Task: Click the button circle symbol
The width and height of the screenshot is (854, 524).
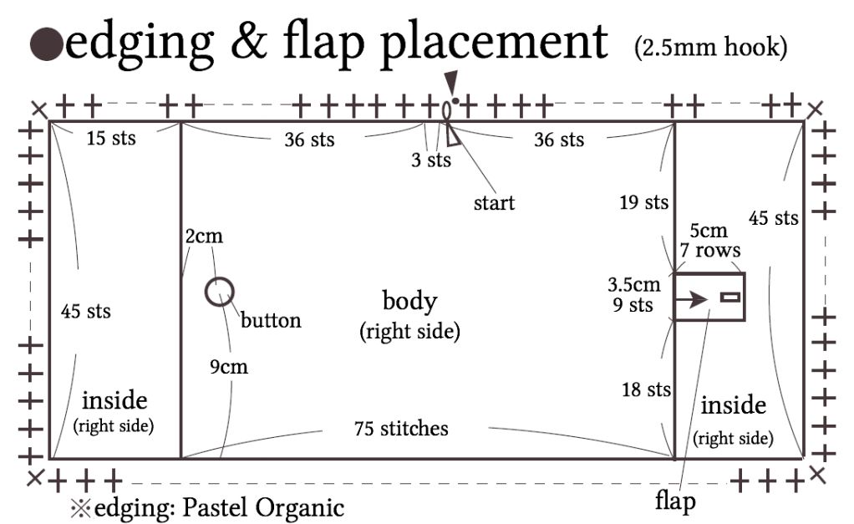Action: point(220,292)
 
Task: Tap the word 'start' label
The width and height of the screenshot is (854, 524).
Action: point(494,202)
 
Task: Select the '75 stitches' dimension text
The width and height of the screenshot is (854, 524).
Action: point(401,429)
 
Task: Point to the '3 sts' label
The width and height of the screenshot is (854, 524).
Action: point(431,160)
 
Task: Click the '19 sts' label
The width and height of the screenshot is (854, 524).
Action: point(643,201)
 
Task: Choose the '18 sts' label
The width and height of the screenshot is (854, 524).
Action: point(646,389)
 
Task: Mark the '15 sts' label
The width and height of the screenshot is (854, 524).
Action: point(111,137)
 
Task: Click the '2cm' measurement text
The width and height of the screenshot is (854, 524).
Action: point(204,237)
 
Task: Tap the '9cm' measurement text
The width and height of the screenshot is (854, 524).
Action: point(229,367)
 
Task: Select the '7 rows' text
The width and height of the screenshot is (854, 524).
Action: point(709,250)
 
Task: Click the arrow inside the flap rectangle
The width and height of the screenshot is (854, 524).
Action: point(692,298)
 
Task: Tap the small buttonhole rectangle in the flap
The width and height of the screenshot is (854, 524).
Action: point(731,298)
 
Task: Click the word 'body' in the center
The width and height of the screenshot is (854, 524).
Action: point(409,301)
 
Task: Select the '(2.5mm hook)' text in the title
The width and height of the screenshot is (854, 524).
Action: point(710,48)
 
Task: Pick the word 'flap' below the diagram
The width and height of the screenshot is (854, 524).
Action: point(675,502)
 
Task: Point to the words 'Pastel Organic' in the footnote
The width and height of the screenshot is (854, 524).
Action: point(277,507)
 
